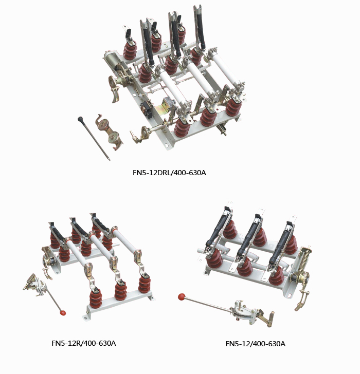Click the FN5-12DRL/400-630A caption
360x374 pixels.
click(169, 173)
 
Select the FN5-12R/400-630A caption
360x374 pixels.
click(84, 343)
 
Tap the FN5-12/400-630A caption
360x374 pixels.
click(256, 344)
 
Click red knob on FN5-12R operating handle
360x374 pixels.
click(63, 313)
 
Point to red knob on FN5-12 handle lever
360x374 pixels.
click(182, 297)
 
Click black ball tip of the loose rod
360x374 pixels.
click(80, 119)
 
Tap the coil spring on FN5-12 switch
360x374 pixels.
click(304, 260)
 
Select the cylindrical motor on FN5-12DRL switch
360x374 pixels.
click(112, 60)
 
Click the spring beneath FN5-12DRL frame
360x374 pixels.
click(222, 129)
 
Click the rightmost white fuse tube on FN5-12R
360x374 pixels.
click(125, 240)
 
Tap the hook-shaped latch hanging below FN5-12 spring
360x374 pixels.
click(302, 300)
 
